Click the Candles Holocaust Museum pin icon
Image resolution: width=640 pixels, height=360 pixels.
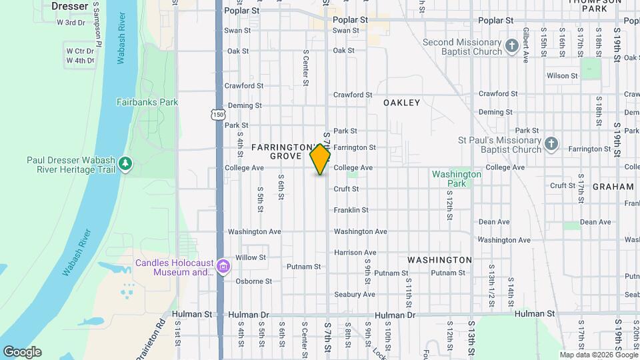pos(223,267)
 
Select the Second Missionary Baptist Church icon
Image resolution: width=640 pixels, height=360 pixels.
pos(511,46)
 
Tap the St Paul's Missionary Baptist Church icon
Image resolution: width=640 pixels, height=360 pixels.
pos(551,144)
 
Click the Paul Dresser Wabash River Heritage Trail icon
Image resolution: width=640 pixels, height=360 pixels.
pos(125,164)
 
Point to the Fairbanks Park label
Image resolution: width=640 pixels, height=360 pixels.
pos(147,102)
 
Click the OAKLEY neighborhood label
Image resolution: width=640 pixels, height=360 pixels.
pos(401,103)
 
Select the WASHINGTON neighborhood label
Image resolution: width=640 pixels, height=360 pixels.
pos(439,259)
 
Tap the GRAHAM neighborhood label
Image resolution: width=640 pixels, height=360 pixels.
pos(613,187)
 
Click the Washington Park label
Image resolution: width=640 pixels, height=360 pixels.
pos(456,178)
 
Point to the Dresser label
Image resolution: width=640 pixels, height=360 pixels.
pos(69,6)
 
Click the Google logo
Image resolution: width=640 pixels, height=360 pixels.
pos(22,352)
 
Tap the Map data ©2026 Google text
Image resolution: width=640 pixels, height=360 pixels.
pos(598,355)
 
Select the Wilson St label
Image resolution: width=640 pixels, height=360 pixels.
pos(562,76)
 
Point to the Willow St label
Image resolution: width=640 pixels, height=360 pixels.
pos(251,257)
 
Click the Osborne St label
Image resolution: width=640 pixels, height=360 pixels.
pos(253,281)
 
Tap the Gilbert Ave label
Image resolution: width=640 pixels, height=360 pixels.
pos(526,46)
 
